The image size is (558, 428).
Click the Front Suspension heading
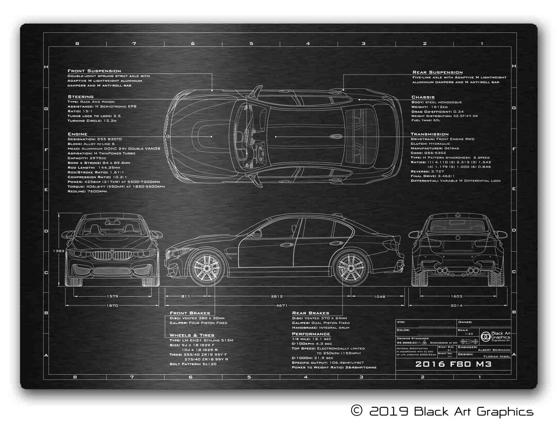pos(94,71)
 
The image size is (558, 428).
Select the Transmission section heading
pos(430,134)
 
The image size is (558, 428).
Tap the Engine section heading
pos(78,134)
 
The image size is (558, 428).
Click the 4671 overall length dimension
pos(281,306)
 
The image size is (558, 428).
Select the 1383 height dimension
pos(58,251)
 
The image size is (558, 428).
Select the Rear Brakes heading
pos(311,313)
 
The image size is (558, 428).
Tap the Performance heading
pos(311,334)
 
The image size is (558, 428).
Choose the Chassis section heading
pos(423,97)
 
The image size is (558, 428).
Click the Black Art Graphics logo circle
pos(485,337)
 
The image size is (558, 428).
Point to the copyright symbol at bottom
pos(357,411)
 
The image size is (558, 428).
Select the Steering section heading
pos(81,97)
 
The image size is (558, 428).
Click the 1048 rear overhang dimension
pos(380,296)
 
